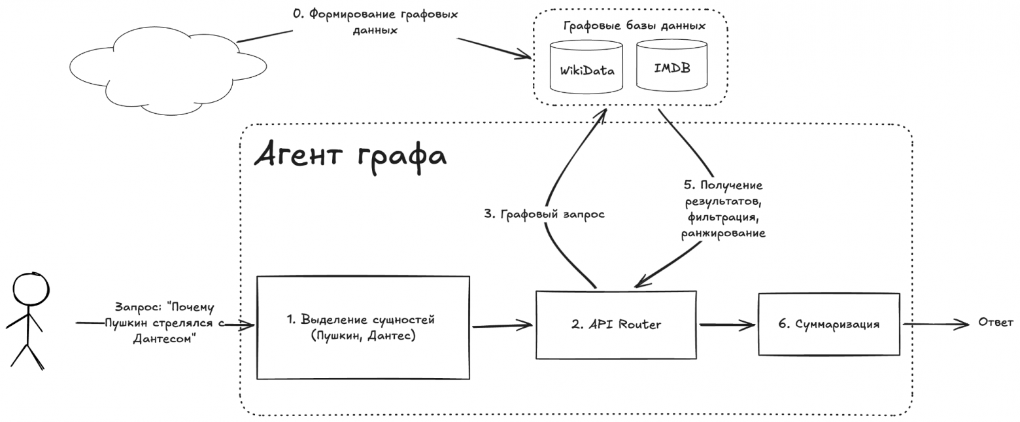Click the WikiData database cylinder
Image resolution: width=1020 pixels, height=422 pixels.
click(x=586, y=68)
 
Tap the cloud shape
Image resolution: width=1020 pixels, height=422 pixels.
click(x=167, y=72)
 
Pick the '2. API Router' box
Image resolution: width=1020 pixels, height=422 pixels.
click(x=617, y=325)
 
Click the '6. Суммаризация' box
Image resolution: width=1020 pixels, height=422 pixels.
click(x=829, y=325)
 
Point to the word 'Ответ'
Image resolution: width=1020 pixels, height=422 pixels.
click(x=995, y=323)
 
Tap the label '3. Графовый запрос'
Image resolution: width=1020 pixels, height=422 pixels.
click(x=545, y=213)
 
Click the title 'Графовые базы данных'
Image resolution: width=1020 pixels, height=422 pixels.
click(x=634, y=26)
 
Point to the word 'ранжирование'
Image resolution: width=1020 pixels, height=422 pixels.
click(x=722, y=233)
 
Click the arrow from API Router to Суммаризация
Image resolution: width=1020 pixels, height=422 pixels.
click(x=727, y=325)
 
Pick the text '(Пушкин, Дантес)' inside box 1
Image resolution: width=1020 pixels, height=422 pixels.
click(x=364, y=337)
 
